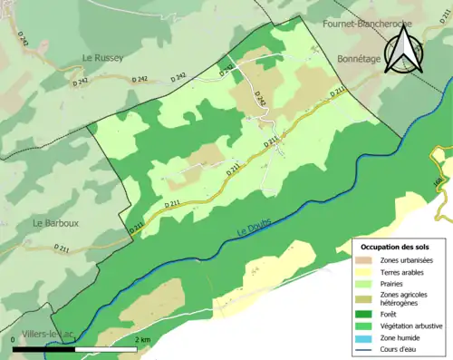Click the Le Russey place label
(x=101, y=58)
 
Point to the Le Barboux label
(x=53, y=223)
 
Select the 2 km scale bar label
(x=141, y=339)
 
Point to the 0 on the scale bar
(x=14, y=339)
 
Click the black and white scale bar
(x=75, y=348)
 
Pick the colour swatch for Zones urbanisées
(x=366, y=261)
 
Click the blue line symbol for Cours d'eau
(x=366, y=350)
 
